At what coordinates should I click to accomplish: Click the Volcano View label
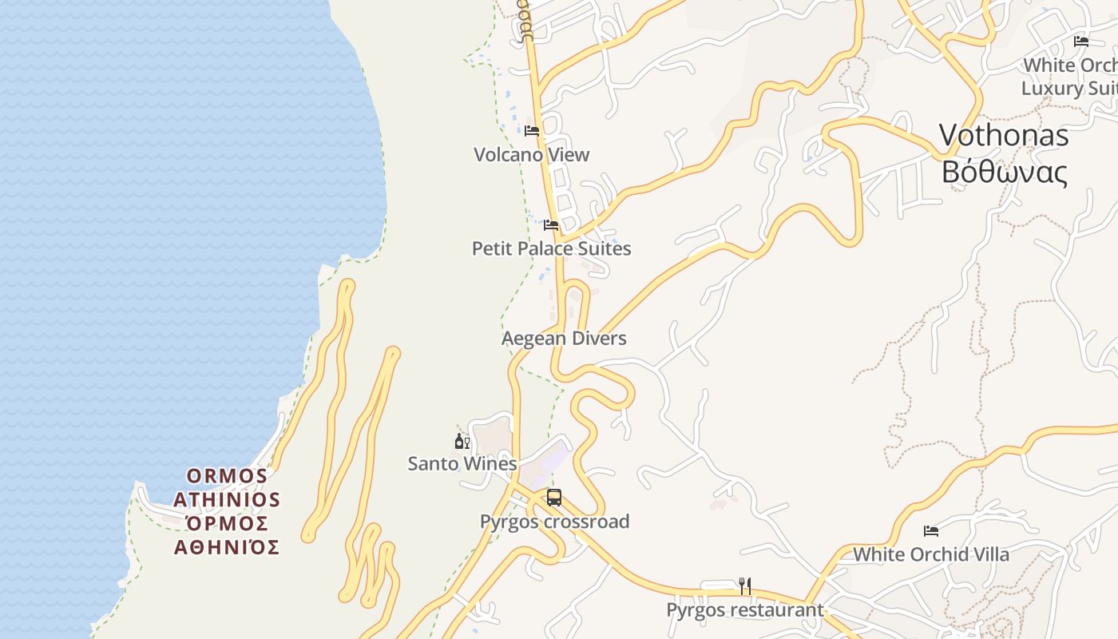pos(531,155)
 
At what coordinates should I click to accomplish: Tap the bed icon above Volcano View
pos(532,131)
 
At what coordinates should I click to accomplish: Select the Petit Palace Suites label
pos(551,248)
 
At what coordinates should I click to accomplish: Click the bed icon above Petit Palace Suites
pos(551,225)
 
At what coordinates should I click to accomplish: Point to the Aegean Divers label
pos(564,339)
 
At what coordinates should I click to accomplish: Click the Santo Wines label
pos(462,463)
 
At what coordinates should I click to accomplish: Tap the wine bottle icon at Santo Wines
pos(462,441)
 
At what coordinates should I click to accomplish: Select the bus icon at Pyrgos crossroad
pos(554,498)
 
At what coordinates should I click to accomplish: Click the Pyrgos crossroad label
pos(554,522)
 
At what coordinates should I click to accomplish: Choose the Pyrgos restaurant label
pos(744,610)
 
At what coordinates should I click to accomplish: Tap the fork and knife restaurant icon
pos(744,586)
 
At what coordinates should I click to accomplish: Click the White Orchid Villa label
pos(930,554)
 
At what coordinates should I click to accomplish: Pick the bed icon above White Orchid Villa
pos(930,530)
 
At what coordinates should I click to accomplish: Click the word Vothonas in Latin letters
pos(1003,135)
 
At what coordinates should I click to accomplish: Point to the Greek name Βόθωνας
pos(1004,172)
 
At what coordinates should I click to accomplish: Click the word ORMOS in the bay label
pos(227,476)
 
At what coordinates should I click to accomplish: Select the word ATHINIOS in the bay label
pos(227,500)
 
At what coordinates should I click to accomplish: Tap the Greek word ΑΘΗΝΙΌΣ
pos(227,548)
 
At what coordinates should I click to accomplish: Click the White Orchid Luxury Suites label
pos(1070,77)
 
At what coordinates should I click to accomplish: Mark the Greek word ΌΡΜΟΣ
pos(227,524)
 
